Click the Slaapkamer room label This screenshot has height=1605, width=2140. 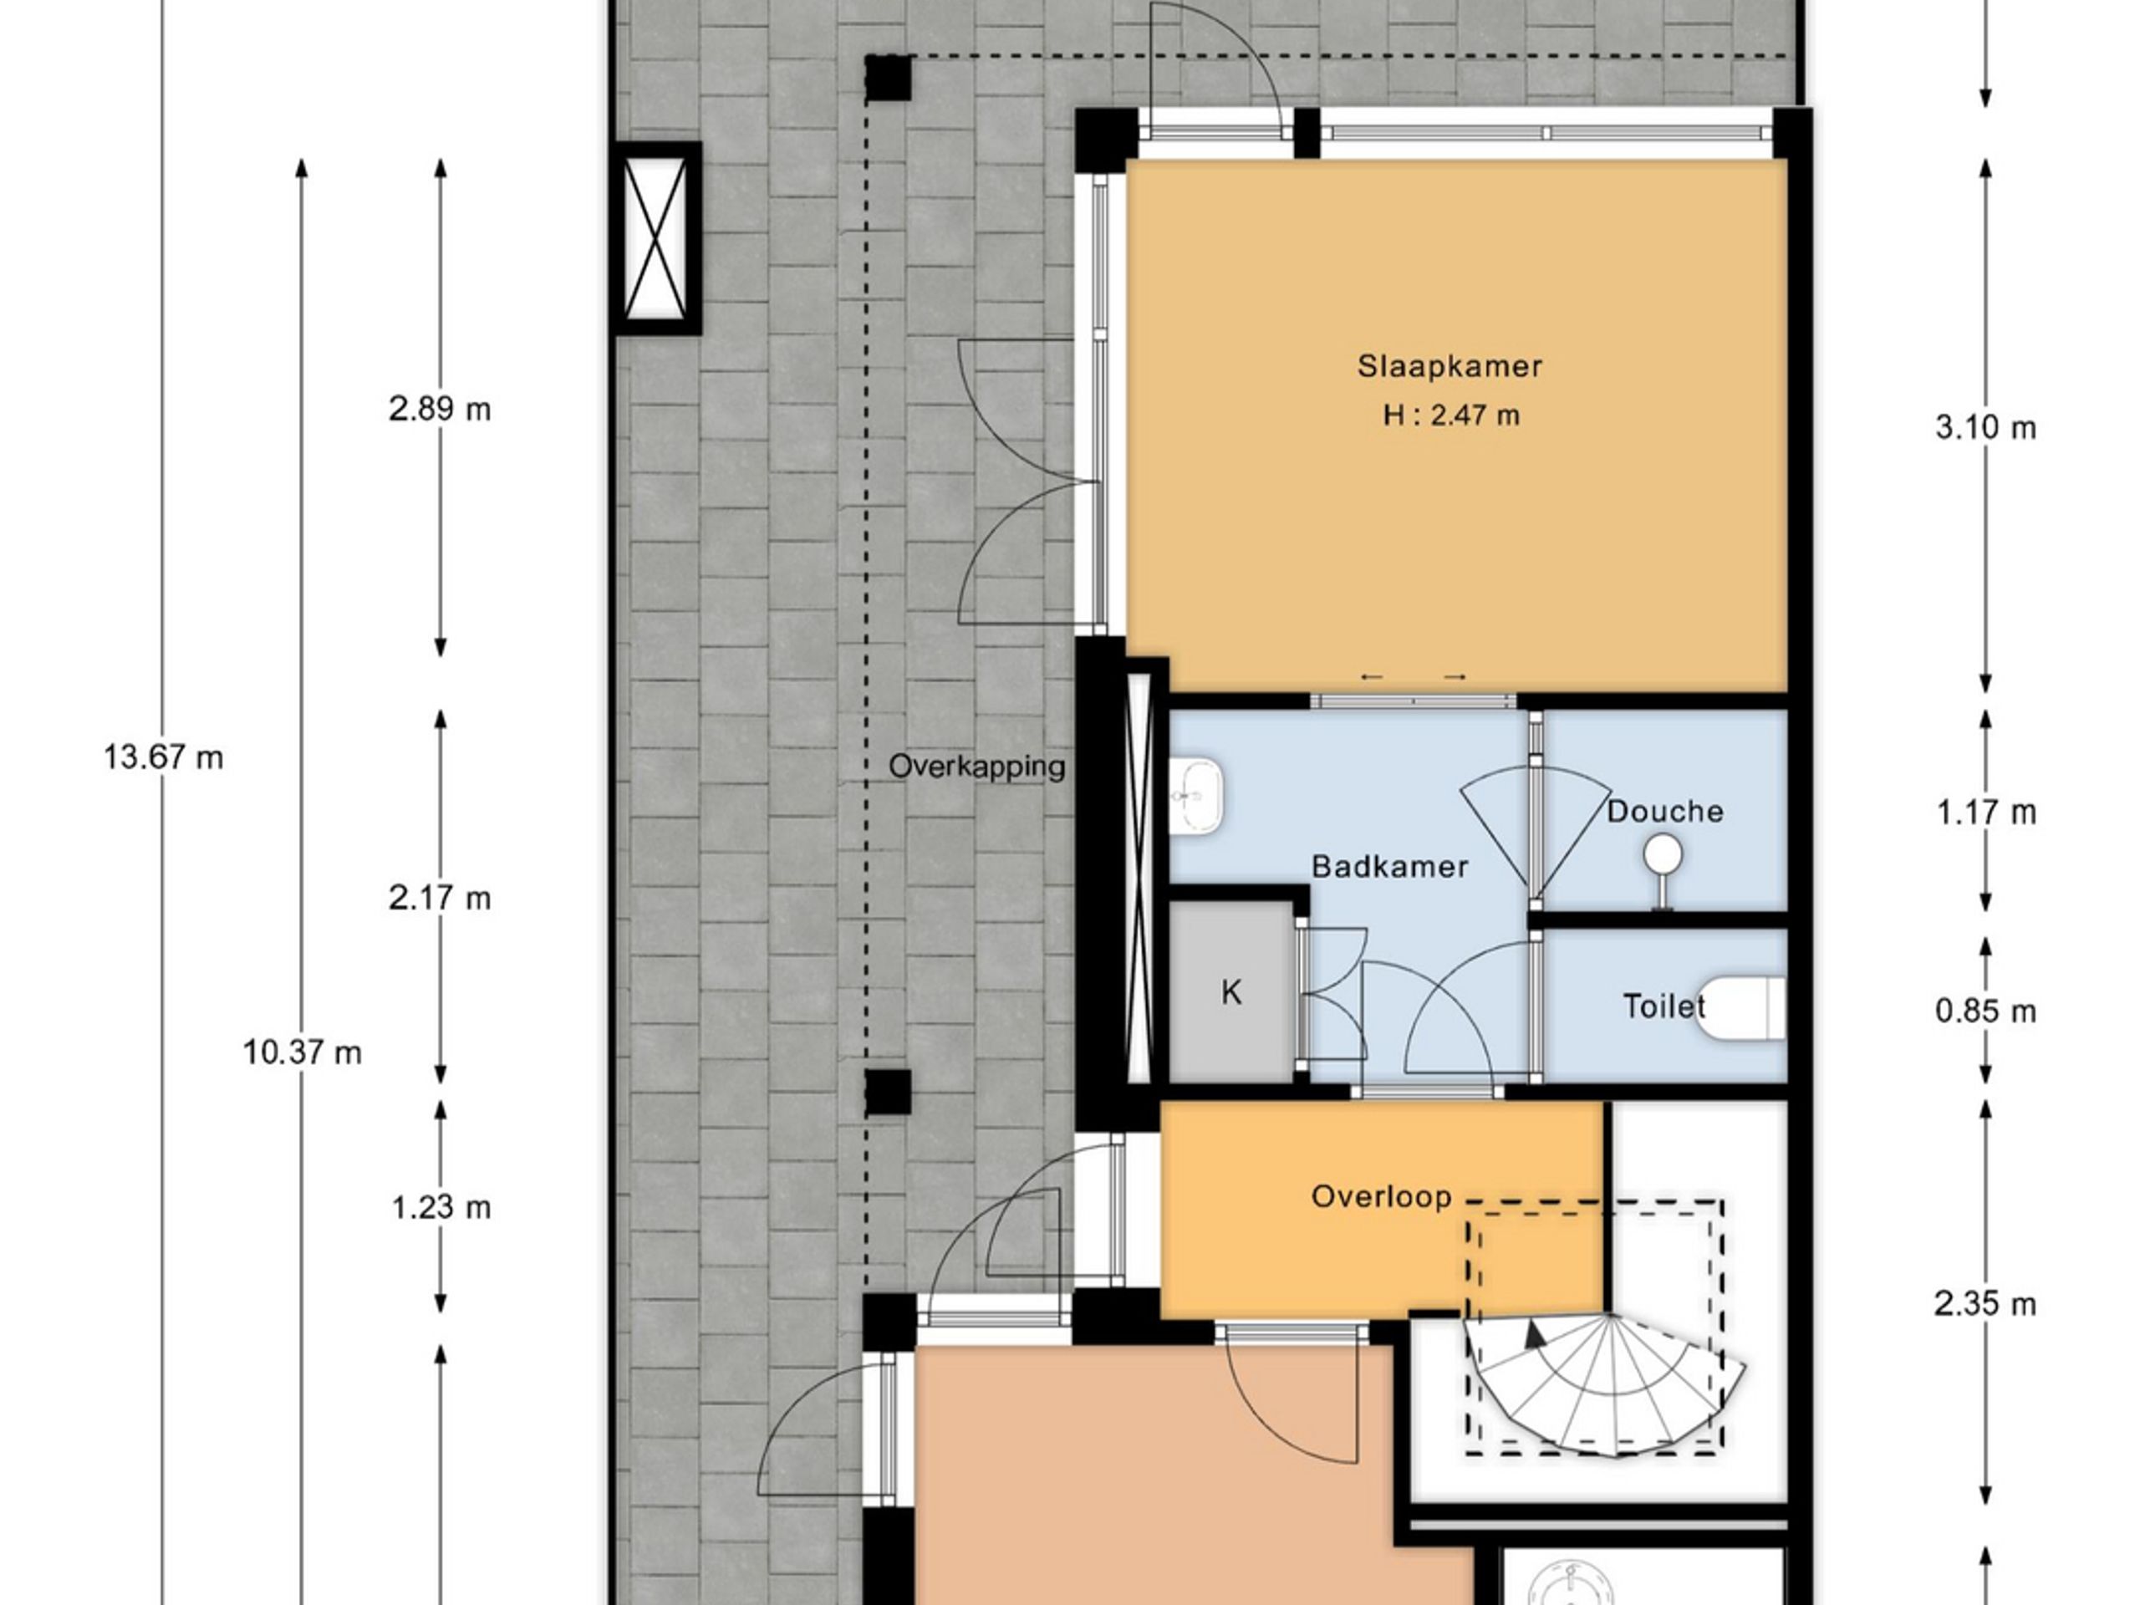coord(1449,367)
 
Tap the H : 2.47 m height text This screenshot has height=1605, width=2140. coord(1450,416)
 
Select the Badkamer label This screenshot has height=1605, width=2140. coord(1389,866)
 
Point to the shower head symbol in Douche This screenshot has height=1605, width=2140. coord(1662,854)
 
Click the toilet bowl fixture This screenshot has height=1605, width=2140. coord(1741,1008)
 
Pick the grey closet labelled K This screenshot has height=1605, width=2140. coord(1230,992)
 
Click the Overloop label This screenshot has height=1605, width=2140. coord(1381,1197)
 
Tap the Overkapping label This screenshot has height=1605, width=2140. coord(976,767)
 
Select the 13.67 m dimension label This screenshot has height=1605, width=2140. coord(164,757)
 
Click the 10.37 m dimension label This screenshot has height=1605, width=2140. coord(302,1052)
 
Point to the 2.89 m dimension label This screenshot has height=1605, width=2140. coord(441,410)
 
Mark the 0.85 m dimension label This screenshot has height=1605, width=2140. coord(1985,1012)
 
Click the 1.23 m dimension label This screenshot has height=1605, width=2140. coord(441,1207)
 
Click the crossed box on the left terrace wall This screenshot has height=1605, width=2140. coord(657,239)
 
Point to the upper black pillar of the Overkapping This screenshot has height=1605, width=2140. coord(887,79)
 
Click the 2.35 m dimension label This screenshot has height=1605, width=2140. coord(1985,1304)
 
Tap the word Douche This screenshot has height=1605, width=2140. coord(1665,811)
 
